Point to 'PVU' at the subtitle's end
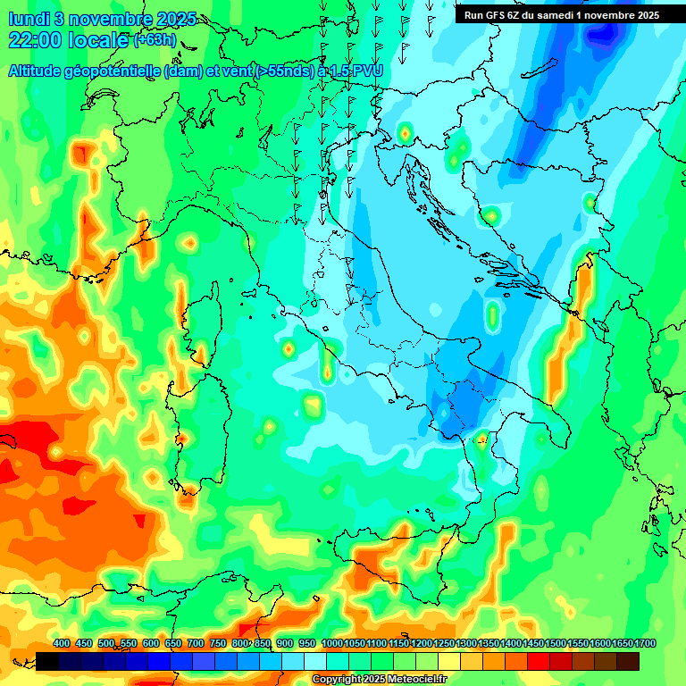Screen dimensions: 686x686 (x=364, y=71)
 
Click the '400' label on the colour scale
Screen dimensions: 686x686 (x=62, y=644)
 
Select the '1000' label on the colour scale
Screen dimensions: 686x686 (x=331, y=644)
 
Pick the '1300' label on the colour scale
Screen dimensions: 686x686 (x=465, y=644)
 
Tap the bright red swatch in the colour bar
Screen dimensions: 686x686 (x=539, y=661)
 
